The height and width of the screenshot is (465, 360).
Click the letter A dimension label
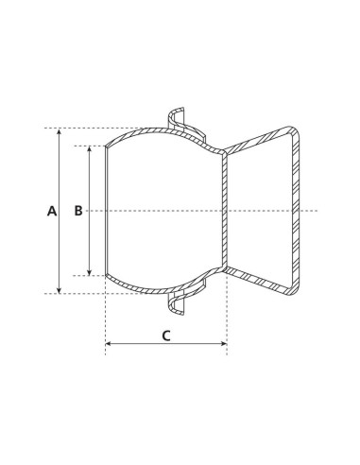[52, 211]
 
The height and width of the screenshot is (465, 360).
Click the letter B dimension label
[79, 211]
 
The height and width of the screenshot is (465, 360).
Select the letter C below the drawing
[165, 335]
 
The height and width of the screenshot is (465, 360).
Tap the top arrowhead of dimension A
[60, 132]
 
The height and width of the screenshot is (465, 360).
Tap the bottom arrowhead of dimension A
[60, 289]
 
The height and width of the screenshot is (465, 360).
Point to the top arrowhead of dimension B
[90, 149]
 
